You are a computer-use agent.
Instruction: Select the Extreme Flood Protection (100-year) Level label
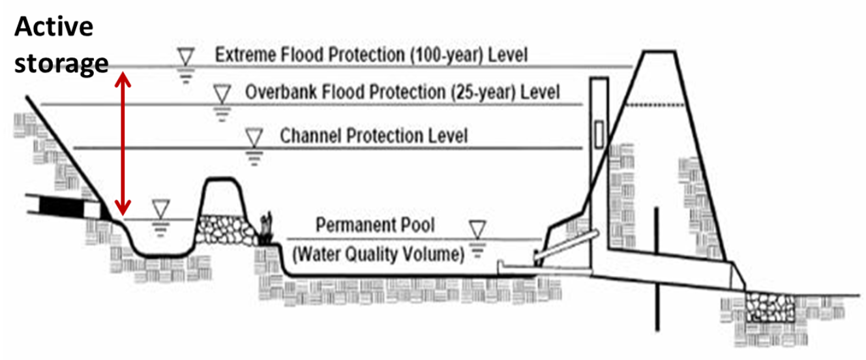coord(371,54)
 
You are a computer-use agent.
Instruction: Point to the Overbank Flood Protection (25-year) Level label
coord(402,91)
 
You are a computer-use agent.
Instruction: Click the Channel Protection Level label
coord(373,136)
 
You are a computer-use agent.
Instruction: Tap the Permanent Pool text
coord(375,226)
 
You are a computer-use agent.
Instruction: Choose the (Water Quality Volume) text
coord(378,254)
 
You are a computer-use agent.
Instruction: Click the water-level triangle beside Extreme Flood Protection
coord(187,57)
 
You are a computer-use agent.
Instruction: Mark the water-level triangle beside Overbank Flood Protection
coord(222,93)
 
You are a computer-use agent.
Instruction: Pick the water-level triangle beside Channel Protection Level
coord(253,138)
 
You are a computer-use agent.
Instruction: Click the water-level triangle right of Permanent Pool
coord(479,228)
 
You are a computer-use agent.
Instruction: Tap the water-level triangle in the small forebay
coord(160,209)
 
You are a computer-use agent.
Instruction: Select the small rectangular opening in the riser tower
coord(599,134)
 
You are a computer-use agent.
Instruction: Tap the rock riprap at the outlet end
coord(770,307)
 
